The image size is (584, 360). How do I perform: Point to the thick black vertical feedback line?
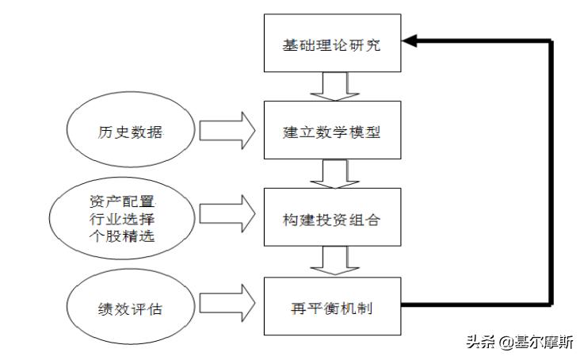[x=549, y=174]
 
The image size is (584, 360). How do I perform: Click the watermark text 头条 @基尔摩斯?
[x=519, y=343]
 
